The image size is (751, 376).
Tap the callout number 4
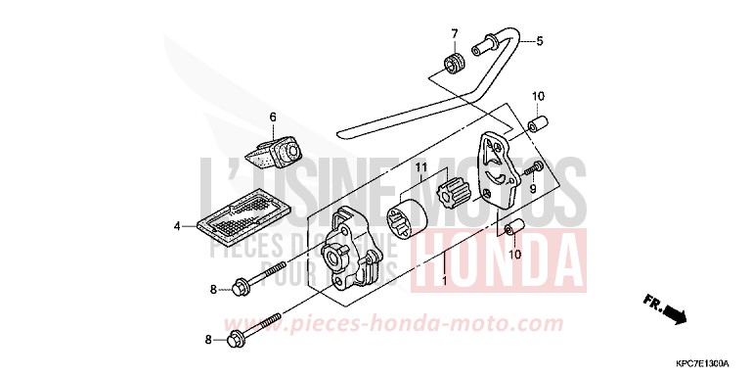click(x=178, y=226)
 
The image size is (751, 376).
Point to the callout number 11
click(x=420, y=168)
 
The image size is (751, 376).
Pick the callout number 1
click(x=444, y=282)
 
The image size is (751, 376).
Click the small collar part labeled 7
click(x=453, y=65)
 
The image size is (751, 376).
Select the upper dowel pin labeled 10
click(x=536, y=126)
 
